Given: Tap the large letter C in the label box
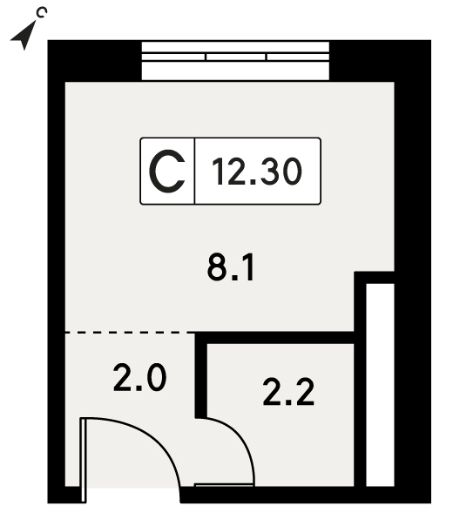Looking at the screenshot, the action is click(x=166, y=172).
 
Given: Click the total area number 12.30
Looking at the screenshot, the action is click(x=257, y=172).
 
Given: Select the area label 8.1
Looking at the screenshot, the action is click(x=231, y=267).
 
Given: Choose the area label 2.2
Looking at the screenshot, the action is click(x=288, y=392).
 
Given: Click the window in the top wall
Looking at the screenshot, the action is click(x=235, y=61).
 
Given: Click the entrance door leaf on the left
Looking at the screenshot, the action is click(x=84, y=460).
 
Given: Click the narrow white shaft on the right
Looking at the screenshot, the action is click(x=380, y=385).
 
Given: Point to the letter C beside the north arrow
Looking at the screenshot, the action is click(x=42, y=13).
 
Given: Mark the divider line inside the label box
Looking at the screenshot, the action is click(x=194, y=171).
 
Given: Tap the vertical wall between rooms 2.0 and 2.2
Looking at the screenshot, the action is click(x=201, y=375).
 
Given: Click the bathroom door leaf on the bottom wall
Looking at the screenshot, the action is click(x=224, y=485).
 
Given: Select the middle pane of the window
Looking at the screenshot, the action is click(x=235, y=57).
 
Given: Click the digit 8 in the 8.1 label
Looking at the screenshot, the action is click(x=215, y=267).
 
